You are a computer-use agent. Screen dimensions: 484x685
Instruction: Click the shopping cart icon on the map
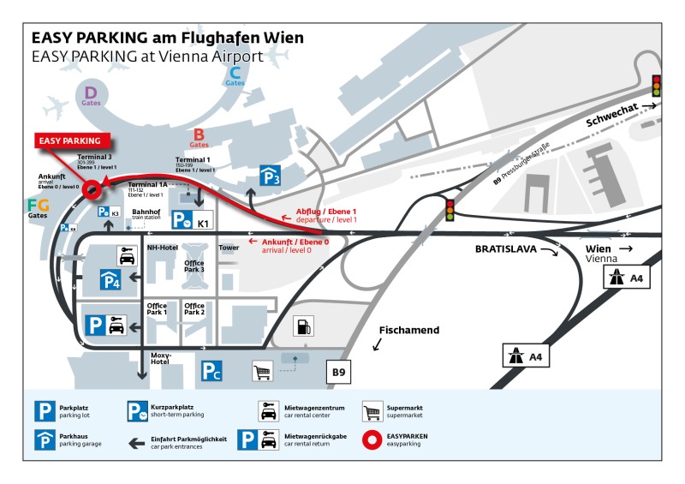click(x=263, y=371)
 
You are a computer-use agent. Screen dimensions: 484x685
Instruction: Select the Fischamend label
click(x=408, y=329)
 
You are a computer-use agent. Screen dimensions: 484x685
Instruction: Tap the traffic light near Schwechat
click(x=657, y=86)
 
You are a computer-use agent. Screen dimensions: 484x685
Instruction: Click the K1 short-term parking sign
click(x=192, y=221)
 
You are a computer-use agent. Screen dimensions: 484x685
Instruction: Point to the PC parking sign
click(x=211, y=371)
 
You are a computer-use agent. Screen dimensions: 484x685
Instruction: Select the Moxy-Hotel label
click(x=161, y=358)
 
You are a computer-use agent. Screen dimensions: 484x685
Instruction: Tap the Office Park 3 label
click(x=194, y=266)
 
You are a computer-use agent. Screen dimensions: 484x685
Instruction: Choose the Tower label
click(x=229, y=248)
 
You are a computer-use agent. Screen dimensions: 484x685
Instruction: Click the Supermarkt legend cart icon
click(x=372, y=412)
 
